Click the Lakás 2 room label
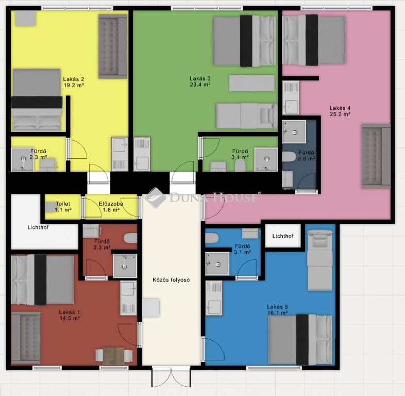(x=74, y=79)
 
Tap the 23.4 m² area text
(x=200, y=85)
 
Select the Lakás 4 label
(x=340, y=108)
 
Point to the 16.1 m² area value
(x=277, y=313)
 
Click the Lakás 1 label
(x=70, y=312)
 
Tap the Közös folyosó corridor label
(x=171, y=279)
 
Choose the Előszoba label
(x=111, y=204)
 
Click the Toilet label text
(x=63, y=204)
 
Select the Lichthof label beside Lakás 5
(x=283, y=236)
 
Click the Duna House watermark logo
(x=201, y=197)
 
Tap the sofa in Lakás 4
(x=376, y=156)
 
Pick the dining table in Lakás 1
(x=114, y=356)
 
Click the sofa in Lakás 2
(x=113, y=46)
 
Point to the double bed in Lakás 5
(x=300, y=339)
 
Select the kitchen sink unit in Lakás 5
(x=214, y=298)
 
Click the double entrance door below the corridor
(x=171, y=377)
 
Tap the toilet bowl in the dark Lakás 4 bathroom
(x=289, y=156)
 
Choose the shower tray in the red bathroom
(x=125, y=266)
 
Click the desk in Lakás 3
(x=252, y=83)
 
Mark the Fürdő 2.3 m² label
(x=38, y=154)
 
